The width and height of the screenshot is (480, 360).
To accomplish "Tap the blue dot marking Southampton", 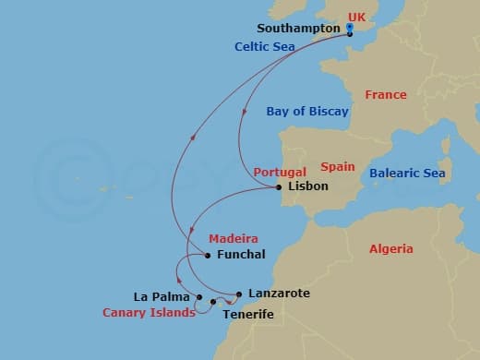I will point(349,28).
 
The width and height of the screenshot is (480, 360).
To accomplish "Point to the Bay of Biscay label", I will point(307,112).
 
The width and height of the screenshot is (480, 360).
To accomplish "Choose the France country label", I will point(385,95).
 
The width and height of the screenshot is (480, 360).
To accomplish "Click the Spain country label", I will point(338,167).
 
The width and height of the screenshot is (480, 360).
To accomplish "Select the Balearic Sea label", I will point(407,174).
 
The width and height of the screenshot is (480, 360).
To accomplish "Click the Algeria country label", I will point(390,249).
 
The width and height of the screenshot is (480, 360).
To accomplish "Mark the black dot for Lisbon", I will point(279,187).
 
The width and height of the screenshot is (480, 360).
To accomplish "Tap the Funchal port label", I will point(240,255).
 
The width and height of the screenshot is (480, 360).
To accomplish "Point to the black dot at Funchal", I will point(208,255).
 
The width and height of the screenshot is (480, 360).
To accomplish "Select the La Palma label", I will point(162,297).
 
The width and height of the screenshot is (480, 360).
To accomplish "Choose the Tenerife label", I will point(248,315).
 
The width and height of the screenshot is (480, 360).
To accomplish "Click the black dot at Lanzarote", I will point(239,294).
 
